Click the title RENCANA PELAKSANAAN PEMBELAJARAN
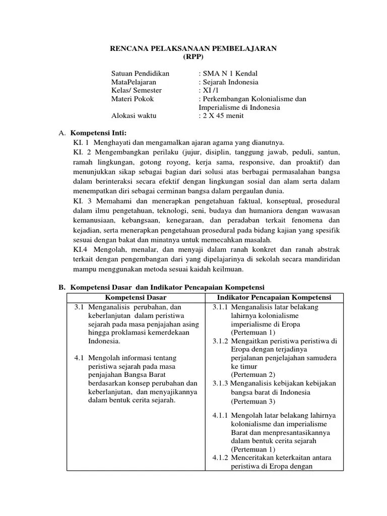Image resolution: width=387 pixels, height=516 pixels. click(x=193, y=48)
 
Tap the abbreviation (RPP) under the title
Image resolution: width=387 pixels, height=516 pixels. click(x=193, y=56)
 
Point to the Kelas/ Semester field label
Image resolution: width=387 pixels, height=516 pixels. click(x=136, y=90)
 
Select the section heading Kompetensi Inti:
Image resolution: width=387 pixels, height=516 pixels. click(x=98, y=133)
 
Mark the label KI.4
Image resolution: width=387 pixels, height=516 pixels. click(x=82, y=249)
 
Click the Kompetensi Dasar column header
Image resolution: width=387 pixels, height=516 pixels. click(x=135, y=297)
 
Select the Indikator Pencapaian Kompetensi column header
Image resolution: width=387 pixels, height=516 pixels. click(x=274, y=297)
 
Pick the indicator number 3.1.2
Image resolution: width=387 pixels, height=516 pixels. click(x=220, y=341)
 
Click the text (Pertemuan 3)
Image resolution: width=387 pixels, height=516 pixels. click(x=253, y=401)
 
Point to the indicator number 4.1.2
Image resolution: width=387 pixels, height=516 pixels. click(x=220, y=458)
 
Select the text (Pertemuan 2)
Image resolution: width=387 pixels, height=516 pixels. click(x=253, y=375)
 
